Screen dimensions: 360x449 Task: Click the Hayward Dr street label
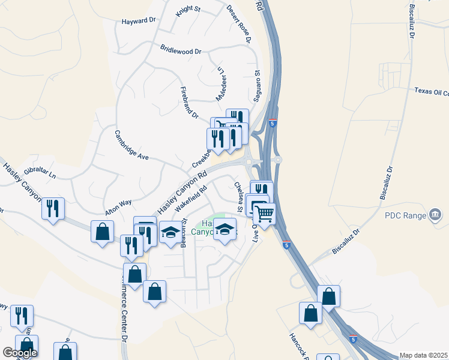[x=139, y=20]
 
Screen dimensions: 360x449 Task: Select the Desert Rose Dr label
[x=238, y=24]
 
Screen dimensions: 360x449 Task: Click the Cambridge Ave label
[x=131, y=144]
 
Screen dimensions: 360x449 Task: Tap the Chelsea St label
[x=238, y=197]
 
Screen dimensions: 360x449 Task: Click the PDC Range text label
[x=405, y=215]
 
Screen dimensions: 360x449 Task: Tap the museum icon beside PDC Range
[x=436, y=215]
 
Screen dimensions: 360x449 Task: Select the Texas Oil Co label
[x=431, y=91]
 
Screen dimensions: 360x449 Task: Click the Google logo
[x=20, y=353]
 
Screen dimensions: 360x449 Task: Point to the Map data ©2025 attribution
[x=423, y=355]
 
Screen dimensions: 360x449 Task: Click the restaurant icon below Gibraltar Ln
[x=54, y=209]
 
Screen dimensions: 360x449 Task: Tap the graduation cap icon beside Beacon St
[x=170, y=232]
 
